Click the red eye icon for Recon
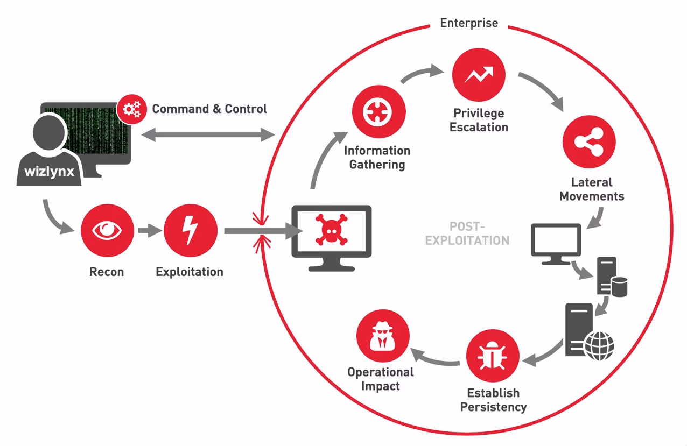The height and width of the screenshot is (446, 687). click(107, 230)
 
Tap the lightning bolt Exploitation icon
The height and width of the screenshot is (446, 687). click(191, 230)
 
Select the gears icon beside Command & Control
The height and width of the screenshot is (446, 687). click(132, 109)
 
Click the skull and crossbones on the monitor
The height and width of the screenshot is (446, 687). click(332, 230)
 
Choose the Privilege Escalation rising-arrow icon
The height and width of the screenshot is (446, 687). click(479, 74)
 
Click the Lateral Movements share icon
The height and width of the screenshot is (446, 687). click(589, 141)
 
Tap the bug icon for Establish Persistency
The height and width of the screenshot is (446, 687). click(493, 356)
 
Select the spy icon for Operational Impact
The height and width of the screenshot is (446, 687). click(383, 336)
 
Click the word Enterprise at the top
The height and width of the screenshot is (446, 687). click(469, 23)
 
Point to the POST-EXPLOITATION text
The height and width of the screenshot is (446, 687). click(467, 233)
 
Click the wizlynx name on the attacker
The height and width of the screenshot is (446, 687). click(50, 171)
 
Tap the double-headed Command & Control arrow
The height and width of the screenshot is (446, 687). click(208, 135)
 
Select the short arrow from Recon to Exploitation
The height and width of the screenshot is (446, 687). click(150, 230)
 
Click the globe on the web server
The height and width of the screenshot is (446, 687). click(600, 346)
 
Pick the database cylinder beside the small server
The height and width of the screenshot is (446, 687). click(620, 287)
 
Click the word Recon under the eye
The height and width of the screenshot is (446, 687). click(107, 272)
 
